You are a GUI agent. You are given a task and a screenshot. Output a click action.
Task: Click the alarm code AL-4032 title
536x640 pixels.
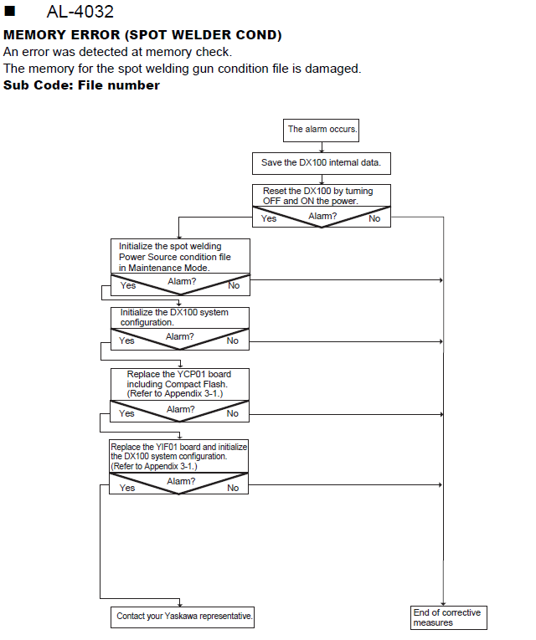pyautogui.click(x=80, y=12)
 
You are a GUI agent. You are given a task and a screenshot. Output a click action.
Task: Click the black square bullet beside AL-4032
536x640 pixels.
pyautogui.click(x=9, y=11)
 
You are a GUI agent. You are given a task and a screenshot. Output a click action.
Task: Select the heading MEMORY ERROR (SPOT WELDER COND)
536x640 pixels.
pyautogui.click(x=142, y=34)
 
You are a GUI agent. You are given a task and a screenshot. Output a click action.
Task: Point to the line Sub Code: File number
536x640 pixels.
pyautogui.click(x=81, y=84)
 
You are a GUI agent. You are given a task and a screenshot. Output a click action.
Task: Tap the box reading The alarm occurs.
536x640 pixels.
pyautogui.click(x=321, y=131)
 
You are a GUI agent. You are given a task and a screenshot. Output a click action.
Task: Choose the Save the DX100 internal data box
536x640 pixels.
pyautogui.click(x=321, y=163)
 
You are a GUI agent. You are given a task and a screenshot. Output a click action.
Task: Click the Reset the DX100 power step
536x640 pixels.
pyautogui.click(x=321, y=196)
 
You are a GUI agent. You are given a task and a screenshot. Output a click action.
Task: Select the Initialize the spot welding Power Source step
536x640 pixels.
pyautogui.click(x=180, y=256)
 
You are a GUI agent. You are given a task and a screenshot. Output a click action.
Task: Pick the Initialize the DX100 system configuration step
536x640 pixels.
pyautogui.click(x=180, y=318)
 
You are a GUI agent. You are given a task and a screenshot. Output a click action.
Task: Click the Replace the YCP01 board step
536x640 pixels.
pyautogui.click(x=179, y=384)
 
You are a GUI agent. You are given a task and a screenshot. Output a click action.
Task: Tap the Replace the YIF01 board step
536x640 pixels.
pyautogui.click(x=178, y=456)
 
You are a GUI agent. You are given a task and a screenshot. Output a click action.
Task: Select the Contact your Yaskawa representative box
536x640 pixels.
pyautogui.click(x=183, y=617)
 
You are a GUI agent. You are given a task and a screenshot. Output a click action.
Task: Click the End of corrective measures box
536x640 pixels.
pyautogui.click(x=449, y=617)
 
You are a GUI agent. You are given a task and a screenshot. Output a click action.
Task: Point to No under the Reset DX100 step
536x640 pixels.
pyautogui.click(x=374, y=219)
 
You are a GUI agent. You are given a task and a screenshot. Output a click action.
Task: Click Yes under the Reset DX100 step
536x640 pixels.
pyautogui.click(x=269, y=219)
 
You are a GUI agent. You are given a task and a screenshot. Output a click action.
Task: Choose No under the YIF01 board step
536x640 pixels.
pyautogui.click(x=233, y=488)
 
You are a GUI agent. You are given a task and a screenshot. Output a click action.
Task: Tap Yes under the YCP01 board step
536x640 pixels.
pyautogui.click(x=126, y=413)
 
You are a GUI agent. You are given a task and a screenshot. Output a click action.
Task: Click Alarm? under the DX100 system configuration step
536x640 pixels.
pyautogui.click(x=180, y=337)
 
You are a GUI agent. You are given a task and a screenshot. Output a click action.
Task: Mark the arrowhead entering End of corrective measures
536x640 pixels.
pyautogui.click(x=443, y=604)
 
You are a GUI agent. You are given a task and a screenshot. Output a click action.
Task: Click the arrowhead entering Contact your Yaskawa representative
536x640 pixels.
pyautogui.click(x=180, y=604)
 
